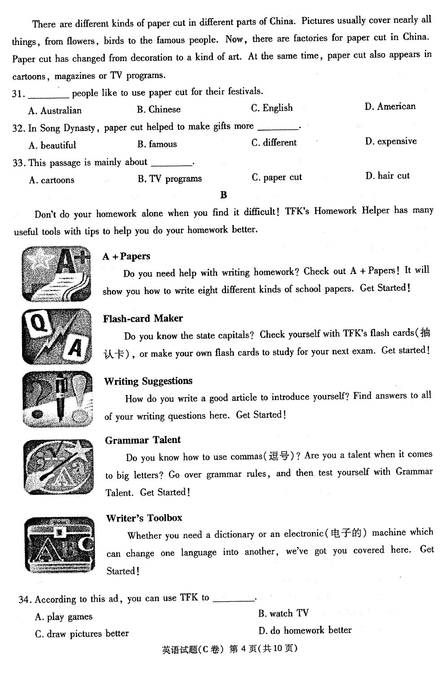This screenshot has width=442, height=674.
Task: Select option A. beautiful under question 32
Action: tap(52, 145)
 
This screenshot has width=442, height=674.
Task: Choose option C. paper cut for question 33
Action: tap(277, 177)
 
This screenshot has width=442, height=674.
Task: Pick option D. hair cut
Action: tap(387, 176)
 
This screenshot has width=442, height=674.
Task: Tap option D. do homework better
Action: tap(305, 630)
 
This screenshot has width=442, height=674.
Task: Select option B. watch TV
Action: tap(283, 613)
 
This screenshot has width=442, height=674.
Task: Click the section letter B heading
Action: tap(224, 195)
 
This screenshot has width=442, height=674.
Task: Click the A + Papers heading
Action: tap(126, 256)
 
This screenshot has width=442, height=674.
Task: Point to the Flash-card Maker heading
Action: tap(143, 318)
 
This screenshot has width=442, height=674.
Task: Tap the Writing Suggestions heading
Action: tap(148, 381)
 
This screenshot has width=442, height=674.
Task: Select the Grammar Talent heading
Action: tap(143, 440)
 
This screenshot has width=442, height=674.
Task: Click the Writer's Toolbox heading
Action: tap(144, 518)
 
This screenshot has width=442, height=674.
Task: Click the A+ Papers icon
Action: tap(57, 273)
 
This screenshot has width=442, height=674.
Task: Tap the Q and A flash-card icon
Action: tap(57, 336)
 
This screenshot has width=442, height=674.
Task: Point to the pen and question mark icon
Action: tap(57, 399)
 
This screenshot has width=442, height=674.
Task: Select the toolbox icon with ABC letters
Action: tap(60, 545)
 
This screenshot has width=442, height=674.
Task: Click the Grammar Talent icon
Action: tap(58, 467)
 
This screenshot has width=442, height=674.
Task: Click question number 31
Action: tap(18, 93)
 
